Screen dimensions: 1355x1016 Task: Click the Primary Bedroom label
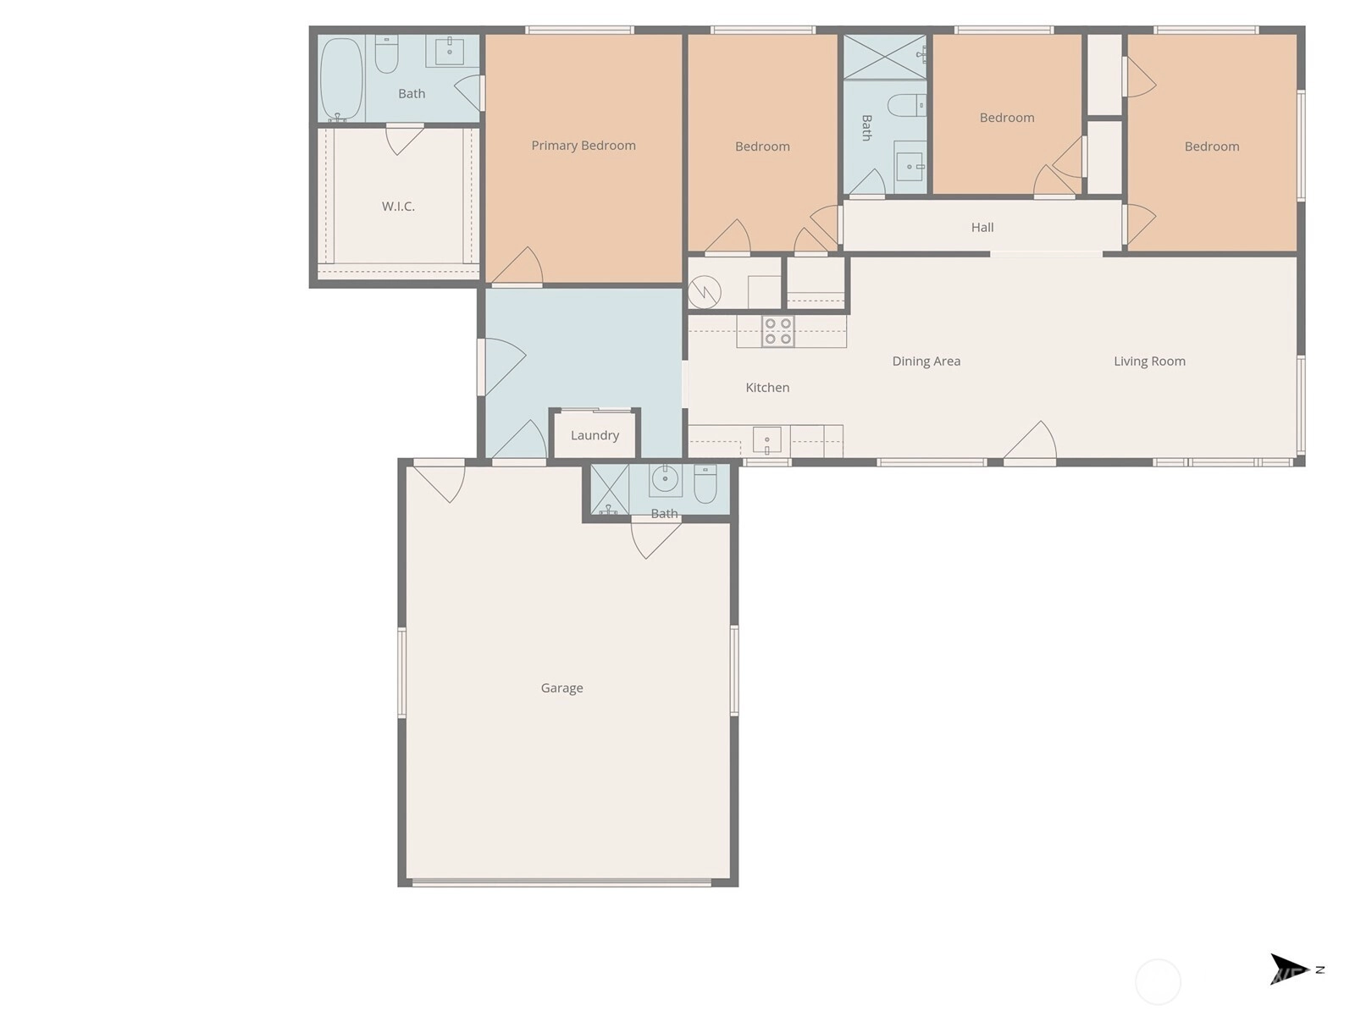click(583, 146)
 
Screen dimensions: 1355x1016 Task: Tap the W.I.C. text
click(398, 206)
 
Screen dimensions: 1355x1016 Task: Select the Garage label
click(561, 687)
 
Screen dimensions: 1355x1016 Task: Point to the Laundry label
click(595, 435)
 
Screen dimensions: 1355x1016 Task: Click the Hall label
click(982, 227)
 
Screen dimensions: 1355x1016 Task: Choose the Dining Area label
click(926, 361)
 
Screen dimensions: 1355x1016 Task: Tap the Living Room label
click(1149, 361)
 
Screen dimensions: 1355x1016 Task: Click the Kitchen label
click(767, 388)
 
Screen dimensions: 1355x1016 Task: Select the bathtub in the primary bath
click(340, 79)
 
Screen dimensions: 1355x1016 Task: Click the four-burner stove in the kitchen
click(777, 331)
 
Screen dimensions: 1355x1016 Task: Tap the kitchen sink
click(766, 440)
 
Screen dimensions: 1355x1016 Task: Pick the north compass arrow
click(1289, 969)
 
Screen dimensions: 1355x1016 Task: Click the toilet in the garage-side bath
click(705, 483)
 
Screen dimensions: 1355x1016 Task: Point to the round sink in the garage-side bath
click(665, 478)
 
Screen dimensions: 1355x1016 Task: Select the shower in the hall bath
click(885, 58)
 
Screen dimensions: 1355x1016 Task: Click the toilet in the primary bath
click(386, 54)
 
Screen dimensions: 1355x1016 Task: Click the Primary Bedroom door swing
click(517, 267)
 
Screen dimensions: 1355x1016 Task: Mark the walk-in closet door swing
click(404, 140)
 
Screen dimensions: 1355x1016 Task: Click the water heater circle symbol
click(705, 292)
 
